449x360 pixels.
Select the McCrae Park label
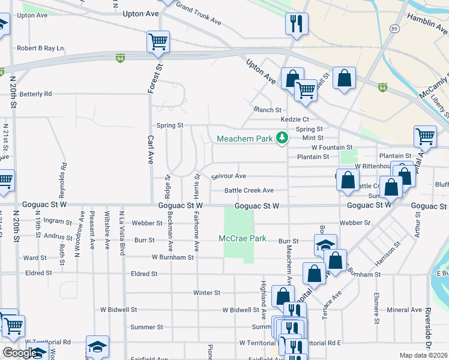click(x=243, y=238)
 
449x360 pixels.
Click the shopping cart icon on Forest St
click(x=157, y=42)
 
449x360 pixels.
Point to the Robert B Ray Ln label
click(x=40, y=48)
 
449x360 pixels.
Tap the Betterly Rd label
click(x=35, y=94)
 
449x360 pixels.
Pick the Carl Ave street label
click(x=150, y=149)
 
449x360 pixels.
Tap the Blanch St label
click(x=267, y=110)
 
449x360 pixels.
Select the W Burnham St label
click(x=172, y=257)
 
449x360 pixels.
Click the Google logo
click(x=20, y=353)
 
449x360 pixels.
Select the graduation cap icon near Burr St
click(x=325, y=245)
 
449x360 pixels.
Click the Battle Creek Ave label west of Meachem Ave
click(x=249, y=190)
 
